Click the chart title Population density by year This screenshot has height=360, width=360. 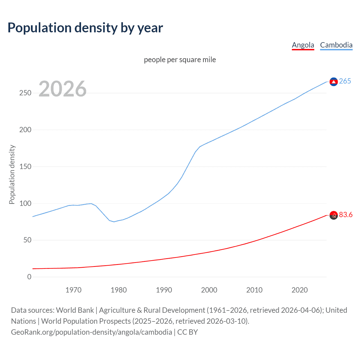[85, 28]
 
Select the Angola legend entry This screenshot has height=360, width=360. [303, 45]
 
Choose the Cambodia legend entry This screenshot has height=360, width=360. [336, 45]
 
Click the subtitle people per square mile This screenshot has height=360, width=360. [180, 60]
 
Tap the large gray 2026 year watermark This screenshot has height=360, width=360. [62, 89]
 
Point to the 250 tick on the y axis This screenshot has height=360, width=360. [25, 93]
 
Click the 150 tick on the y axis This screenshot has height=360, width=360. [25, 166]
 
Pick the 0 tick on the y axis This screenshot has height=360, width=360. [29, 277]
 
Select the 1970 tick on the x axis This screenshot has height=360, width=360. [73, 290]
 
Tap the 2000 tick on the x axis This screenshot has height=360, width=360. [209, 290]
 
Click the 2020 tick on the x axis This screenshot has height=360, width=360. [300, 290]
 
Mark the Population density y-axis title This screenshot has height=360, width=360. [12, 174]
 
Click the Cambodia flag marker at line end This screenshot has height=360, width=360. [334, 82]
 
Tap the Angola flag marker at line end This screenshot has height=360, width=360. [334, 215]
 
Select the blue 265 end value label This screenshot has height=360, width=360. [345, 81]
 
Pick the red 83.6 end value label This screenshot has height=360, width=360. [346, 215]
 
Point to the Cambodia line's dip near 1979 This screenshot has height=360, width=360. [114, 222]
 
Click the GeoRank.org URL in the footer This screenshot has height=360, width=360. [91, 332]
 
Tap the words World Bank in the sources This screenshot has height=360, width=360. [75, 310]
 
